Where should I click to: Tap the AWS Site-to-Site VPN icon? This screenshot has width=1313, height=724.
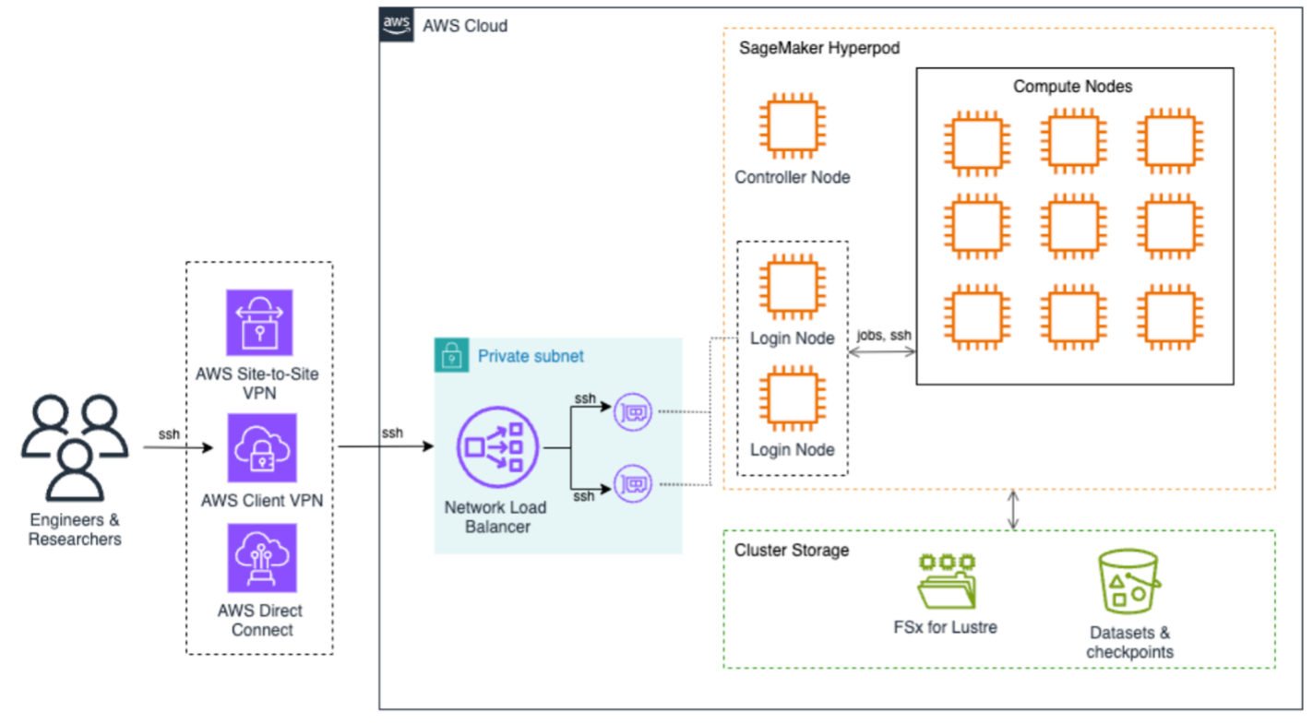(259, 323)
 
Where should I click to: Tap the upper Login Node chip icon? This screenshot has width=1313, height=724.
(792, 291)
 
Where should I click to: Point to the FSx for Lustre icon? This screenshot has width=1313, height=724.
(947, 581)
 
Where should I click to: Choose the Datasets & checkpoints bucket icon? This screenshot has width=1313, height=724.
(1128, 582)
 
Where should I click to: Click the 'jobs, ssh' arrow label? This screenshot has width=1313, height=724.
(884, 335)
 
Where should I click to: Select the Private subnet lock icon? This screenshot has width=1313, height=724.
(451, 355)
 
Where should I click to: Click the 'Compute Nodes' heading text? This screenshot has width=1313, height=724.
(1072, 87)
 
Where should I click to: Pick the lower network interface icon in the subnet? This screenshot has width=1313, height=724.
(633, 483)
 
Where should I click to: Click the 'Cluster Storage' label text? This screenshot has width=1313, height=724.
(791, 551)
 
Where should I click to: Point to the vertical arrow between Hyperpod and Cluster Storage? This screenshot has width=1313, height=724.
(1013, 510)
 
